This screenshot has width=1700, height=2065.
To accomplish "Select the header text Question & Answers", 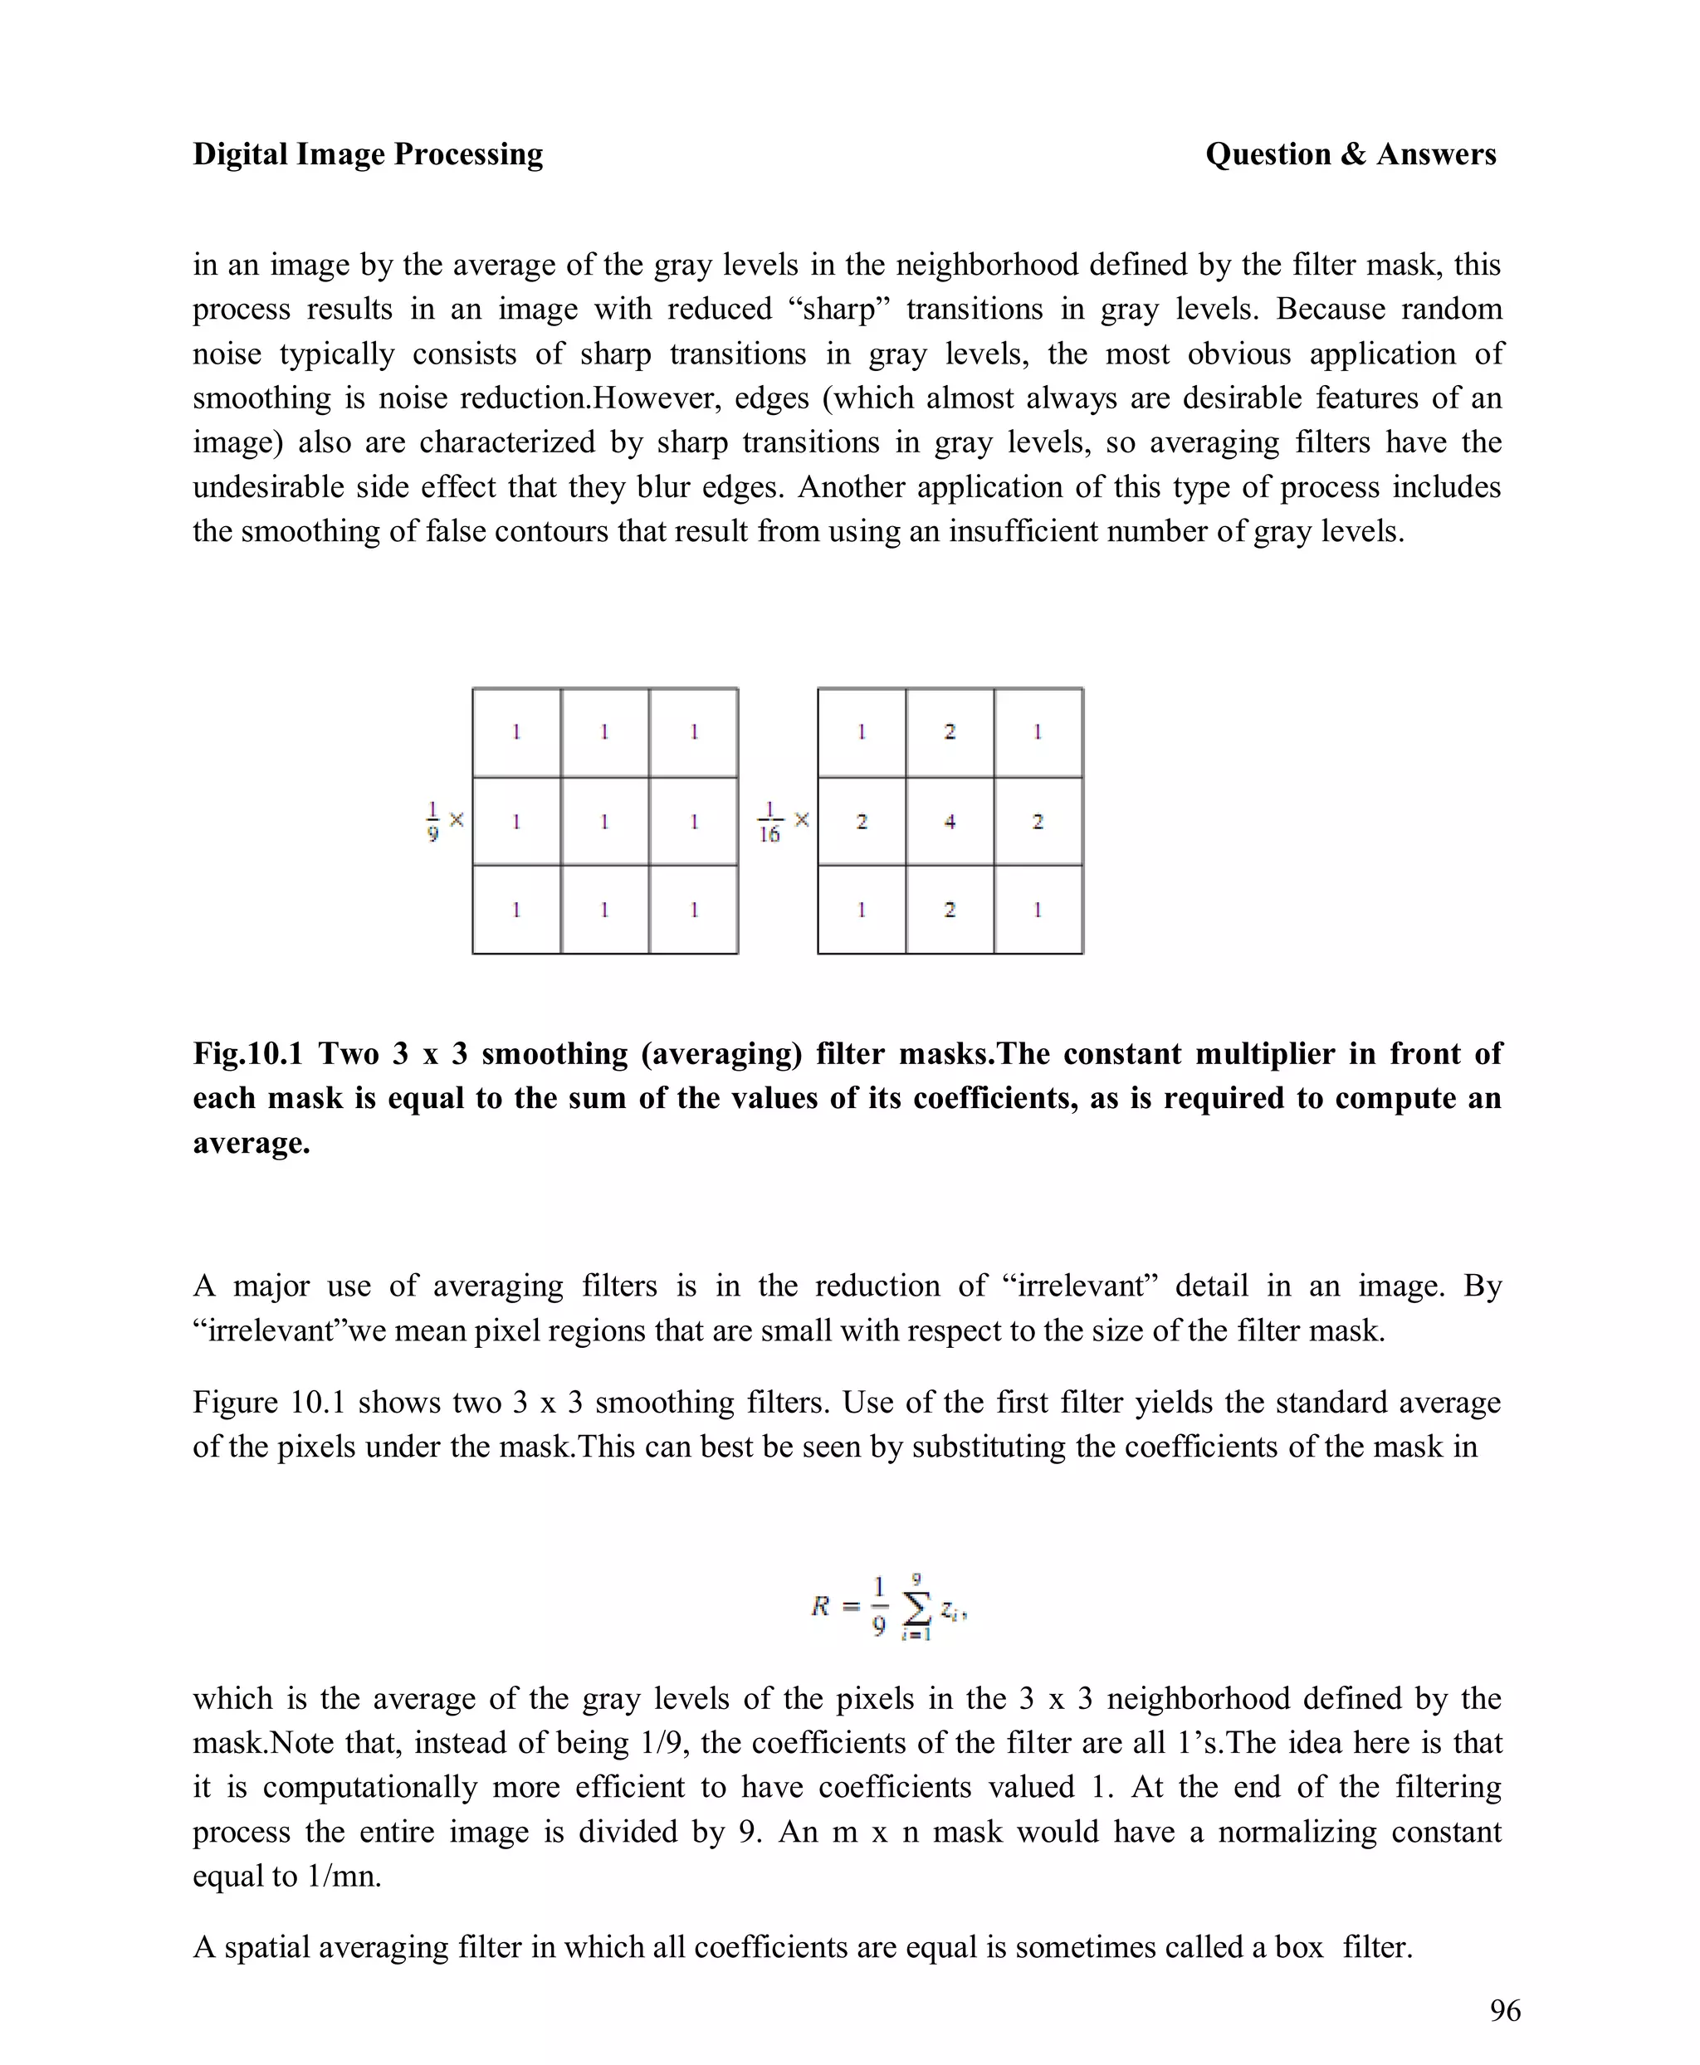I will point(1351,154).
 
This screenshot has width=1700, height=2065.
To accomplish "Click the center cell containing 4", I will point(949,822).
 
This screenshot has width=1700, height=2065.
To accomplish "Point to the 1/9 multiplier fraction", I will point(432,821).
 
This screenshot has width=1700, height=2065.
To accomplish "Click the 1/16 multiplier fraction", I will point(769,822).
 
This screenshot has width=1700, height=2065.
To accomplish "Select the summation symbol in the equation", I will point(916,1607).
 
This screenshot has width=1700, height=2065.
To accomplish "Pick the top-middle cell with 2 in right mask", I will point(949,732).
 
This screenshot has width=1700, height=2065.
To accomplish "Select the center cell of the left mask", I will point(604,822).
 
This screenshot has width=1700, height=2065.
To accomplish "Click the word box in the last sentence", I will point(1299,1946).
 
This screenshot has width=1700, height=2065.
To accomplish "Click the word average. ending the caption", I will point(252,1143).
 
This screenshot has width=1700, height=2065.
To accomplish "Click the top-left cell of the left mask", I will point(516,732).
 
